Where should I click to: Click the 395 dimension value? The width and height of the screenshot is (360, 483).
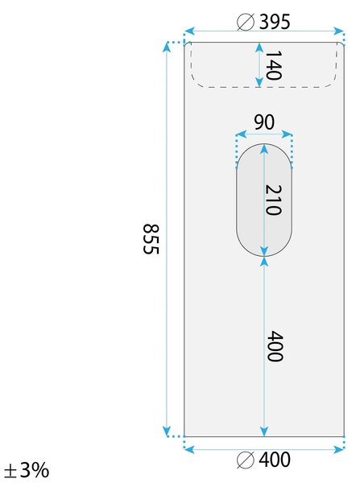275,22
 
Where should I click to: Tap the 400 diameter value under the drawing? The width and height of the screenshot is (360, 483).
275,460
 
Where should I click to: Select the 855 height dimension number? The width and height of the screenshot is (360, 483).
151,239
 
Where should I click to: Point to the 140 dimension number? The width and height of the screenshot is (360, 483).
273,65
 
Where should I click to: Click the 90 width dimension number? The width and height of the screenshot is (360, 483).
264,122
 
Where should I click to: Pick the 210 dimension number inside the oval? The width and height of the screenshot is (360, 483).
273,200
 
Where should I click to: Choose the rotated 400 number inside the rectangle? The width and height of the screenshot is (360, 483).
275,346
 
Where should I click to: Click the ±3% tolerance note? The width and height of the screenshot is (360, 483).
27,470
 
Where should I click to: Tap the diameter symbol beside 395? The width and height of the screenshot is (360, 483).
246,23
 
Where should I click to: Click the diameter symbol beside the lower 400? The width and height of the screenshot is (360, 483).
246,460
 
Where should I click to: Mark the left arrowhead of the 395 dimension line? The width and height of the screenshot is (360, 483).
189,31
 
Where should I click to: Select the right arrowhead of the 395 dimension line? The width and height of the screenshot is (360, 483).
339,31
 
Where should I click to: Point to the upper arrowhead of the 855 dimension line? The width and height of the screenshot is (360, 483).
167,47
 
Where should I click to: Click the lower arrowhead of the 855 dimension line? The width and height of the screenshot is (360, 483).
167,431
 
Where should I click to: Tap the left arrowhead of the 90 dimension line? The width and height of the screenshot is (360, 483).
241,134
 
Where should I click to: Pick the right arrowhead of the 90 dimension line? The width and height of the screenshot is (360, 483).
287,134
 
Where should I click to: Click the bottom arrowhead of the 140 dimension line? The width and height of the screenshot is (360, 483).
259,82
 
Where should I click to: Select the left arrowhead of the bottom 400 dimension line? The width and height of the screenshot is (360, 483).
189,450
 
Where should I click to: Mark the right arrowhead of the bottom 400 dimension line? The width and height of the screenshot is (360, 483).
339,450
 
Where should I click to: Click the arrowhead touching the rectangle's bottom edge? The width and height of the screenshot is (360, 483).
264,431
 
